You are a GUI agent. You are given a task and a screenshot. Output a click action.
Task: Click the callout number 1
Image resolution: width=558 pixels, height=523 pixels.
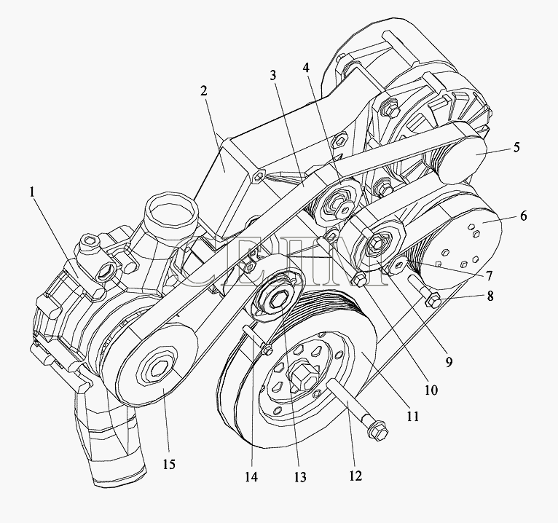click(33, 193)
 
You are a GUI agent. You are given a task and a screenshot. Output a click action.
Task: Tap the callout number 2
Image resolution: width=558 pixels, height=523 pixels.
click(203, 92)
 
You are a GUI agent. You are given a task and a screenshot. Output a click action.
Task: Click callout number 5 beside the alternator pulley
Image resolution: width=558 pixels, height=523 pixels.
click(516, 146)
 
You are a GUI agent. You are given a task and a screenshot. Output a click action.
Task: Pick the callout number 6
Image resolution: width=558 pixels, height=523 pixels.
click(523, 216)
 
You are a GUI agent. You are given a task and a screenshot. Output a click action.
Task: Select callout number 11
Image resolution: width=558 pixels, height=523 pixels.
click(413, 417)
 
